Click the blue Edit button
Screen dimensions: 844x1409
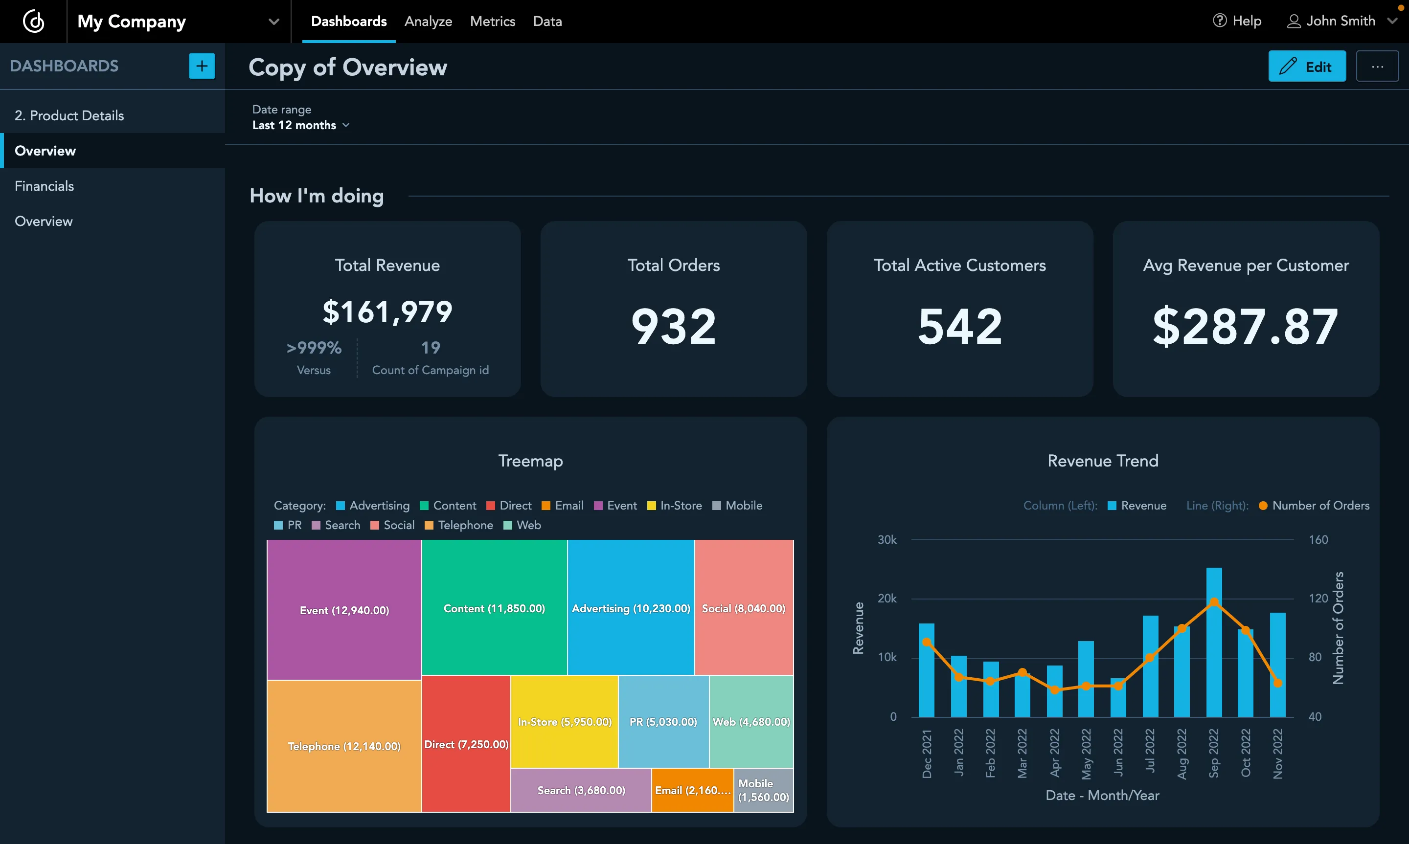pos(1306,67)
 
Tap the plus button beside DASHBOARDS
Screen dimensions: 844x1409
pos(202,66)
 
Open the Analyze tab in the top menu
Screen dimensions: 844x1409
pos(428,22)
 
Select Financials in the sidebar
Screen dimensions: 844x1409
pos(45,186)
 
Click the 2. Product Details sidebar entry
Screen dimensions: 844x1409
pos(69,115)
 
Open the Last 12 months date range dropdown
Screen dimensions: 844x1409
pos(300,125)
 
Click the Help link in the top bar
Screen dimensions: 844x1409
pos(1237,21)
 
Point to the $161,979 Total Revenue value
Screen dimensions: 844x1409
pos(387,312)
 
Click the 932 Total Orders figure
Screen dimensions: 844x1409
pos(674,327)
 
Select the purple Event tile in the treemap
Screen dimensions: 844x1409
pos(344,610)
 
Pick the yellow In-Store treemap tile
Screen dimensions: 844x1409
pos(564,721)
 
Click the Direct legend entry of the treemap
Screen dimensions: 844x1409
pos(509,506)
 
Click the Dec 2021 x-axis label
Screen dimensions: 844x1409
pos(927,753)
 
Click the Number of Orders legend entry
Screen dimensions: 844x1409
pos(1314,506)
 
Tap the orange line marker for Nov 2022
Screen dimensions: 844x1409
pos(1277,683)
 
